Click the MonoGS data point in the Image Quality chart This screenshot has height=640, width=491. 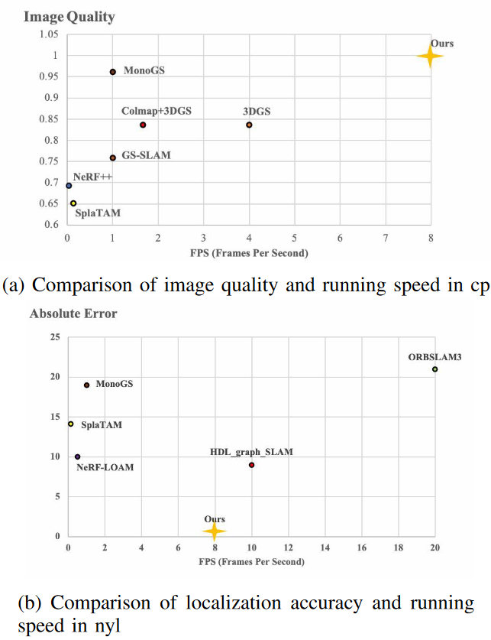(113, 71)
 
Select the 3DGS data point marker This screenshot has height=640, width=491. (249, 125)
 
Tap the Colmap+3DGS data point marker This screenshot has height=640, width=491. (143, 125)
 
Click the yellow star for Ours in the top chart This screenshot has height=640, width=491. (430, 55)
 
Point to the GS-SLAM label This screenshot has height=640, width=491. (147, 155)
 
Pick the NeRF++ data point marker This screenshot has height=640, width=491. (69, 185)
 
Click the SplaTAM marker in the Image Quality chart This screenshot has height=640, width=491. (73, 203)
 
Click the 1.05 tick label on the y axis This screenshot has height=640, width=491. (48, 34)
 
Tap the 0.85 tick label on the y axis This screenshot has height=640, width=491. (48, 119)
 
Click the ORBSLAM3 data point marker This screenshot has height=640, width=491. (434, 369)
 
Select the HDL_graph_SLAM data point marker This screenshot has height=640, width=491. (251, 465)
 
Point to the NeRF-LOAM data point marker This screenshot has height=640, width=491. (77, 456)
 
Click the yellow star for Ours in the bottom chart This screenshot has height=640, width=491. (215, 531)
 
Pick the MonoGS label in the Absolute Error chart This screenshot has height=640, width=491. (114, 383)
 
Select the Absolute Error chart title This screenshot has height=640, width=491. (73, 314)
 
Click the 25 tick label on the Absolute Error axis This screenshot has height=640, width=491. (55, 337)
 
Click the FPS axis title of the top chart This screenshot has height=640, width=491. (250, 252)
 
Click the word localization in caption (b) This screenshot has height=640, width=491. (229, 603)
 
